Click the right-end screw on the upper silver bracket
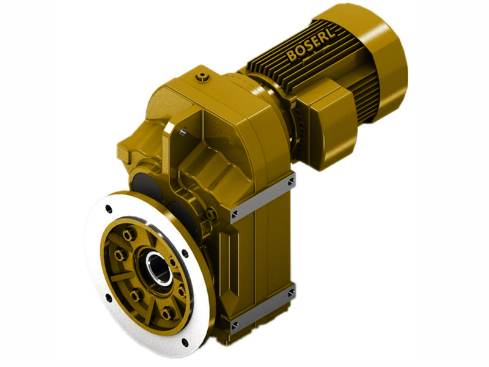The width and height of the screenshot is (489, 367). pyautogui.click(x=291, y=182)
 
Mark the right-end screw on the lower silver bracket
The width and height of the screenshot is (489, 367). pyautogui.click(x=291, y=293)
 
